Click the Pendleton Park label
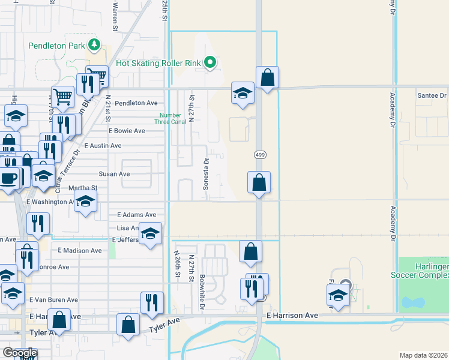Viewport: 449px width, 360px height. pyautogui.click(x=57, y=46)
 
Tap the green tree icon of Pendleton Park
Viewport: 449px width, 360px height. pyautogui.click(x=94, y=44)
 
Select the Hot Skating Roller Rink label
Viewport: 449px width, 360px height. pyautogui.click(x=158, y=62)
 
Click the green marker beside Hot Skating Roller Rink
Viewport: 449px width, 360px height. pyautogui.click(x=210, y=62)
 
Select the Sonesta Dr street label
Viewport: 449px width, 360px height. pyautogui.click(x=206, y=173)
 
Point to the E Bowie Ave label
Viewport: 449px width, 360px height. pyautogui.click(x=127, y=131)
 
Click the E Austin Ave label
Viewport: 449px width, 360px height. pyautogui.click(x=103, y=146)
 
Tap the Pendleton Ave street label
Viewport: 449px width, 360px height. pyautogui.click(x=136, y=103)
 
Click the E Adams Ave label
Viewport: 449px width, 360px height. pyautogui.click(x=136, y=215)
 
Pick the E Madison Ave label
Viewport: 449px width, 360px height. pyautogui.click(x=80, y=251)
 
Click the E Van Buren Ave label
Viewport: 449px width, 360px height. pyautogui.click(x=56, y=300)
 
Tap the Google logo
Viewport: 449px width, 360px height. pyautogui.click(x=20, y=353)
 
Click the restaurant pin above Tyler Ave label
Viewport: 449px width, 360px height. pyautogui.click(x=152, y=302)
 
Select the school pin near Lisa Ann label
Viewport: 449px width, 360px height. pyautogui.click(x=151, y=233)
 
